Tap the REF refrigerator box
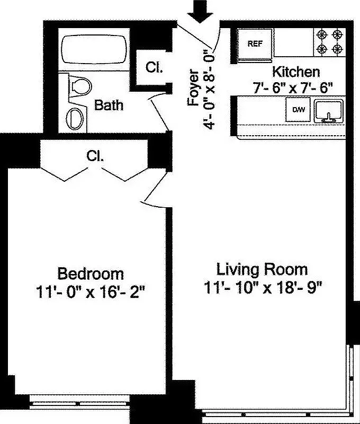[255, 44]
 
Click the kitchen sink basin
[329, 111]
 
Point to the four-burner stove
[328, 42]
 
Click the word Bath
[109, 105]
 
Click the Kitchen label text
[295, 72]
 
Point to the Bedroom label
[91, 274]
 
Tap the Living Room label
[262, 269]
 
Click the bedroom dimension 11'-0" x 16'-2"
[91, 292]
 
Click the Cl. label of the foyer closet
[154, 67]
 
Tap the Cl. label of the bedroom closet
[95, 156]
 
